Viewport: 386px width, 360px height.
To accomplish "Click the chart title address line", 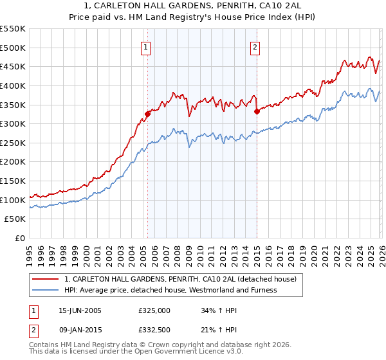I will (x=193, y=6).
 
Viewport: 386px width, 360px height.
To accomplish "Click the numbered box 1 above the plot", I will (x=146, y=47).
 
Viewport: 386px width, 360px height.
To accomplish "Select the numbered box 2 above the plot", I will (x=255, y=47).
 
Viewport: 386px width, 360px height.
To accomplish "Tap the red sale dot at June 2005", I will (x=147, y=114).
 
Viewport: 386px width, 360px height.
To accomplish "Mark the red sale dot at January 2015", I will (x=257, y=111).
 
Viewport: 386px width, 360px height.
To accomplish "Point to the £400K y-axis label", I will (x=13, y=85).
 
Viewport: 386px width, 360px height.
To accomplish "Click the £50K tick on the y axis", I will (x=15, y=219).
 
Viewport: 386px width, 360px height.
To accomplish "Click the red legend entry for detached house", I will (x=180, y=279).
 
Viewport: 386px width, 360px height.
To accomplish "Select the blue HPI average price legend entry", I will (x=170, y=290).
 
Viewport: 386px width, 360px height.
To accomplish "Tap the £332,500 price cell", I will (x=154, y=330).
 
